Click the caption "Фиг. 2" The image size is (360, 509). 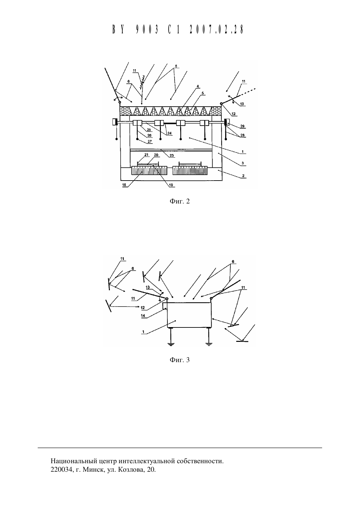pos(180,201)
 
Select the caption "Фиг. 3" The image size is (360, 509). pos(180,360)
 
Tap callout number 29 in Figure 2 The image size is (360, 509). pos(242,126)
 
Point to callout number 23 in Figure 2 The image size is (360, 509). pos(172,156)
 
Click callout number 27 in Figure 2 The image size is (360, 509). pos(150,142)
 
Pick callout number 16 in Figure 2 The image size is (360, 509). pos(124,185)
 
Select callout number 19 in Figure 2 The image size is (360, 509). pos(171,185)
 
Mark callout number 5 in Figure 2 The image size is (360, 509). pos(203,93)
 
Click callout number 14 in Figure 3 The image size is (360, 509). pos(143,316)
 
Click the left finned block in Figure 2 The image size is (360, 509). pos(149,171)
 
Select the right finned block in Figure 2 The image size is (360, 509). pos(190,171)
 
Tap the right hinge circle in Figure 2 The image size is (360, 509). pos(221,104)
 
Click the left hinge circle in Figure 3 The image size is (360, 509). pos(167,299)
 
